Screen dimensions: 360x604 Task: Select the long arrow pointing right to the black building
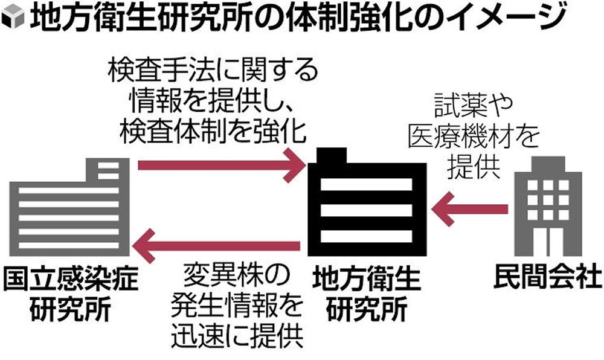[x=220, y=165]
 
